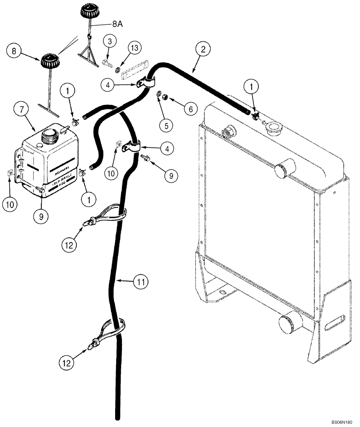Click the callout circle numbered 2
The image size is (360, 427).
[203, 49]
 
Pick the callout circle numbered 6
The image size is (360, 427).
[190, 110]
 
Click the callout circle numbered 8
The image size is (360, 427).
[15, 52]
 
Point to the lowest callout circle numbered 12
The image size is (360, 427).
[67, 363]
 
